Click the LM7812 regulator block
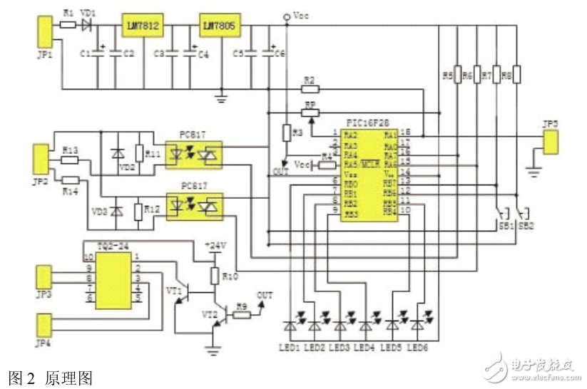[143, 26]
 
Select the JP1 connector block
[44, 31]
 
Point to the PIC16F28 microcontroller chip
[368, 173]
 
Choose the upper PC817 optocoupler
[195, 153]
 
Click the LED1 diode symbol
[290, 326]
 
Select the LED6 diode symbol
[419, 326]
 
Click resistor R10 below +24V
[213, 274]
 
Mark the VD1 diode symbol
[87, 24]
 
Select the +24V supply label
[215, 246]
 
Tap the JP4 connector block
[44, 326]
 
